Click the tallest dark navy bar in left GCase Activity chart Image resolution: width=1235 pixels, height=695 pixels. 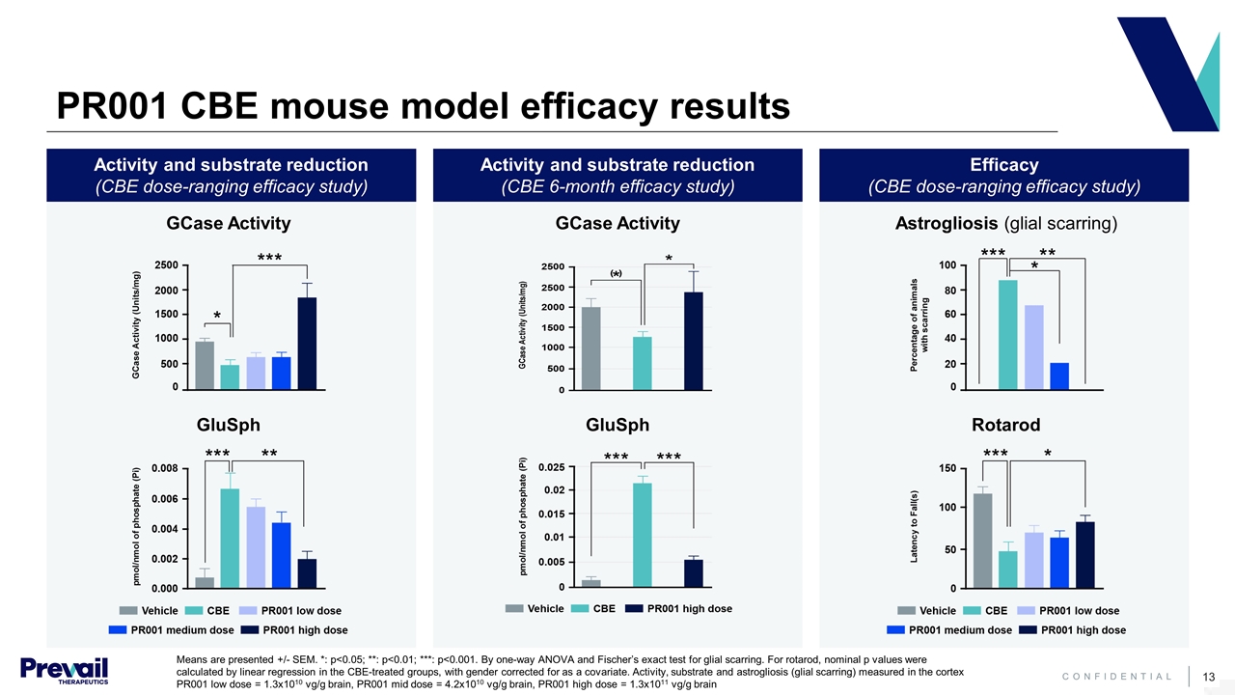[x=307, y=343]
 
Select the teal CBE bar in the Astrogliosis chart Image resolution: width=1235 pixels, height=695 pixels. [x=1007, y=333]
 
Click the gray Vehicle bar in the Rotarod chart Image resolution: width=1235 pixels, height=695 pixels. [x=982, y=541]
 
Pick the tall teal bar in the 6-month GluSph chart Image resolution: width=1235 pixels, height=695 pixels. [x=643, y=535]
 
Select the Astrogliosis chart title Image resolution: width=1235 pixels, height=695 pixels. [x=1006, y=224]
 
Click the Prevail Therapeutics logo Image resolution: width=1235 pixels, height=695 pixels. [x=64, y=668]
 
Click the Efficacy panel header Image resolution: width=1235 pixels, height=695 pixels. [x=1003, y=175]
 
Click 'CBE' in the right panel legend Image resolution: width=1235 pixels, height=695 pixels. [x=996, y=611]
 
